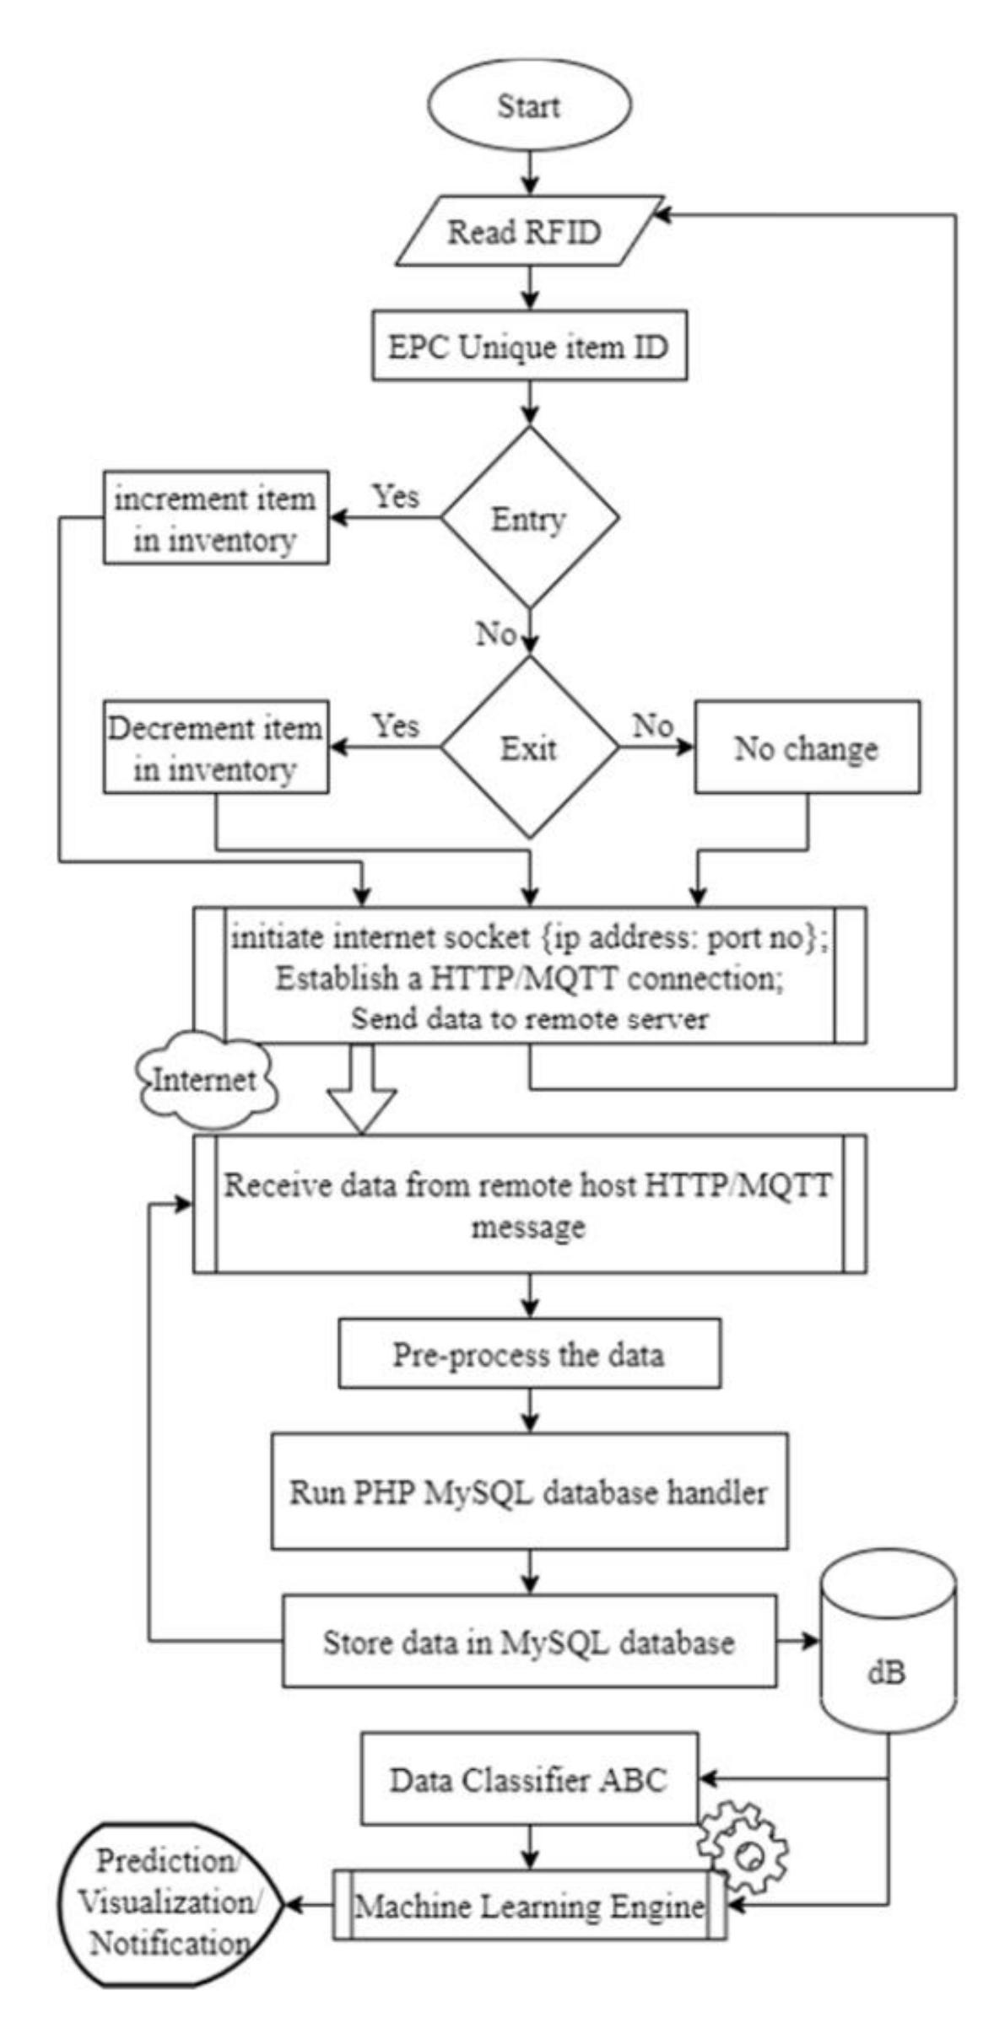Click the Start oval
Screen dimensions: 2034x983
[x=529, y=106]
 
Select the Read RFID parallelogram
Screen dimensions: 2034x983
[x=525, y=232]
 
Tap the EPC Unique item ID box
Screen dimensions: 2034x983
[x=529, y=348]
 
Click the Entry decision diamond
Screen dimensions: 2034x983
[x=529, y=518]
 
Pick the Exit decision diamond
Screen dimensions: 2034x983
[x=529, y=747]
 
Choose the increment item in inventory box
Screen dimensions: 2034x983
[x=215, y=518]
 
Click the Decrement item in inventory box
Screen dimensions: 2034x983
[x=215, y=747]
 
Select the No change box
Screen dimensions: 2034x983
[x=807, y=747]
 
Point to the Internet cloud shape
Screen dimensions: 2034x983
[x=205, y=1080]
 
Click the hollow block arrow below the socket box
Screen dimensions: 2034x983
[x=361, y=1088]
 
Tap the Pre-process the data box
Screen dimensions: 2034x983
[x=529, y=1354]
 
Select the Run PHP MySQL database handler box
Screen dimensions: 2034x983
[x=529, y=1492]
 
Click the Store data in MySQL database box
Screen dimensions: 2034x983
[x=529, y=1642]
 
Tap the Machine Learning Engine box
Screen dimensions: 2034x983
[x=529, y=1904]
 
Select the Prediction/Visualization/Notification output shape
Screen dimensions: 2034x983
[x=169, y=1904]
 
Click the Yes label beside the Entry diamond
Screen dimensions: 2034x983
[x=396, y=496]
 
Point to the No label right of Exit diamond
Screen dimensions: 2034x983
[x=653, y=726]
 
